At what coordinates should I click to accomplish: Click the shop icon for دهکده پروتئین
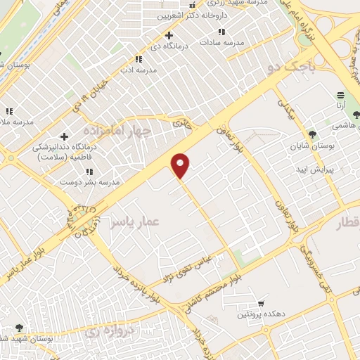(x=262, y=304)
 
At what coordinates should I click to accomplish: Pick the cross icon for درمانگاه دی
(x=169, y=35)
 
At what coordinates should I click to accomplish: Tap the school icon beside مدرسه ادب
(x=127, y=59)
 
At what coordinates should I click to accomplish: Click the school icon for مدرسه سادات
(x=222, y=32)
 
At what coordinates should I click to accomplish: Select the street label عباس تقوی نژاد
(x=188, y=264)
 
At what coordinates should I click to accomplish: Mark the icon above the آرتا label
(x=340, y=94)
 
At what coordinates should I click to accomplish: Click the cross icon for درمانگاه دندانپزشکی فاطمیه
(x=65, y=136)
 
